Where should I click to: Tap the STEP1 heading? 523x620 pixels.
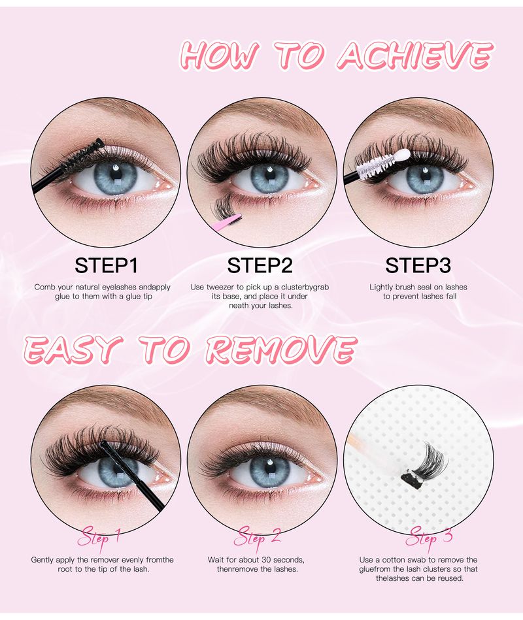click(x=106, y=265)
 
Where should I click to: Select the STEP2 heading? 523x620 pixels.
click(x=260, y=265)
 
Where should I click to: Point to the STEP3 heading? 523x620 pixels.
click(x=418, y=265)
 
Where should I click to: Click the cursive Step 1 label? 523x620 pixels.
click(x=99, y=538)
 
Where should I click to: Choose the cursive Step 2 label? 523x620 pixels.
click(x=258, y=538)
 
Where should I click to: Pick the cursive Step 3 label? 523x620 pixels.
click(x=430, y=538)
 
